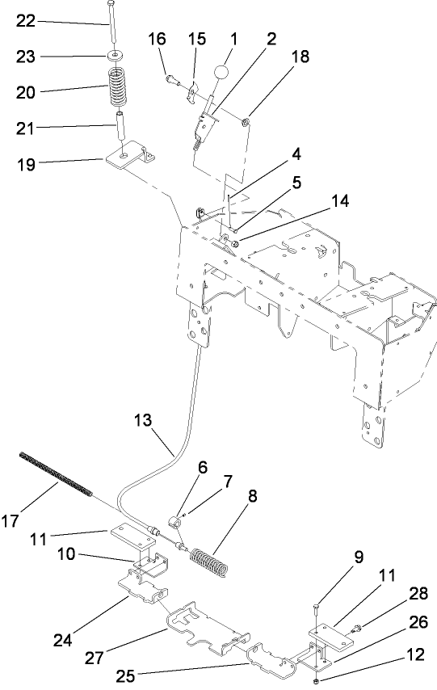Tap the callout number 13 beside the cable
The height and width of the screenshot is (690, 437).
point(142,421)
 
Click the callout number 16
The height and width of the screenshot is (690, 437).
point(157,38)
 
